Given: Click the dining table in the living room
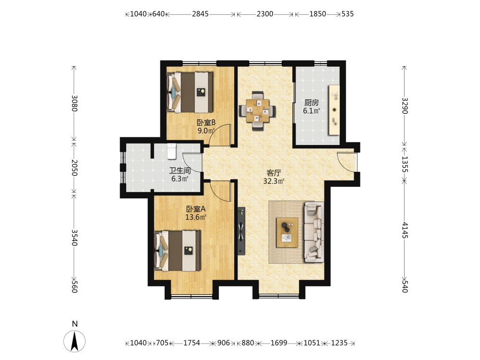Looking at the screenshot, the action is [257, 110].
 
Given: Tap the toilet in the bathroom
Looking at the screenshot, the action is [172, 151].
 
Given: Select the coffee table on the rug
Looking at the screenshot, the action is [287, 232].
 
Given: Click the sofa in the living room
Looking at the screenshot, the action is [314, 232].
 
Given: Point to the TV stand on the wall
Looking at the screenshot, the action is [241, 231].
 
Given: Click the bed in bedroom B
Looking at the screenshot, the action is [190, 92].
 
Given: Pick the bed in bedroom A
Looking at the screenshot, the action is [178, 251].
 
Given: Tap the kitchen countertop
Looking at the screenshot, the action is [334, 110].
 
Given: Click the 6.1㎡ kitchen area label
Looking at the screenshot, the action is [312, 111].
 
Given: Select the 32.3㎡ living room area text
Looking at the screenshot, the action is [274, 181].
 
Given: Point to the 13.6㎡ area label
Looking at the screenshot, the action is [196, 217].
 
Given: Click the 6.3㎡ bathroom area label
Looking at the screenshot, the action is [180, 179].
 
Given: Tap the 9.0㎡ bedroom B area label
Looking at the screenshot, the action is [206, 131].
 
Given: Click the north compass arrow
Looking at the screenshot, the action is [74, 341].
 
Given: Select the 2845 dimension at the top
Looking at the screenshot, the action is [200, 14].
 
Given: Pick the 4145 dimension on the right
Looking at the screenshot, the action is [405, 230].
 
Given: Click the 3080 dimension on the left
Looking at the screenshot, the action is [74, 104].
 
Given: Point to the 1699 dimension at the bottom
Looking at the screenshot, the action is [279, 343].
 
